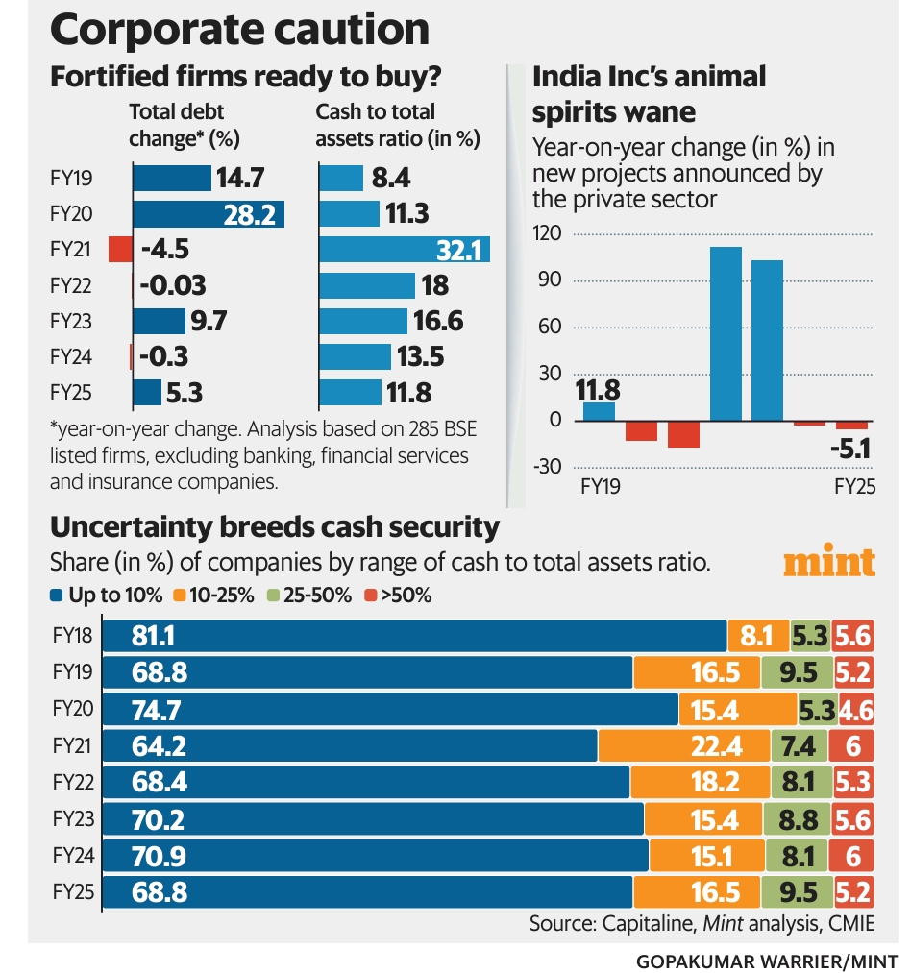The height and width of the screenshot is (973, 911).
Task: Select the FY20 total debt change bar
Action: coord(208,213)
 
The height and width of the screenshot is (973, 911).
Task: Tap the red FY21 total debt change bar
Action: coord(119,249)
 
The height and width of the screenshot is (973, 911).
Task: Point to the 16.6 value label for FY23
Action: coord(437,321)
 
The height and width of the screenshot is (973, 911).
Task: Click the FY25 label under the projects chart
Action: coord(854,487)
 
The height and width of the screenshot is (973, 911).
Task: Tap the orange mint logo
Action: coord(829,562)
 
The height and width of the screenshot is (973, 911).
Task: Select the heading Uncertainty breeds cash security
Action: coord(274,527)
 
